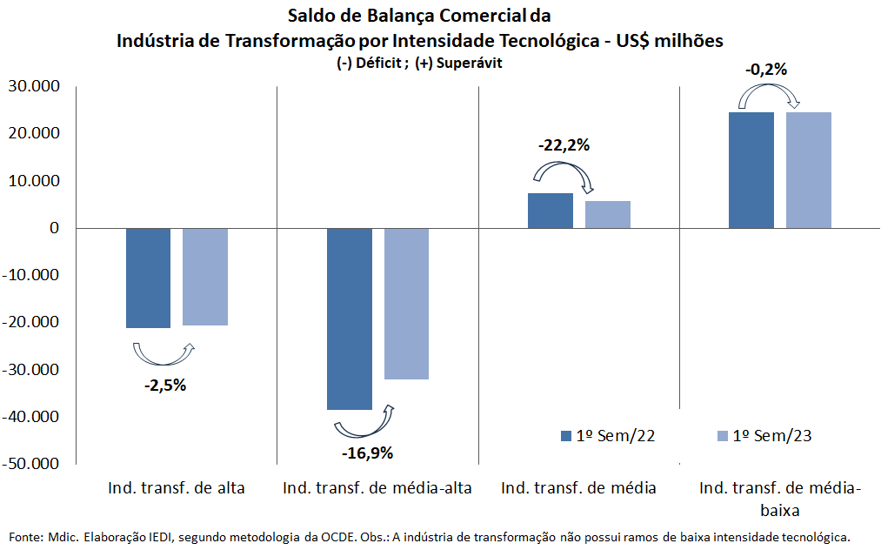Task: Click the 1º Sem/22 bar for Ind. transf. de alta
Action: tap(148, 278)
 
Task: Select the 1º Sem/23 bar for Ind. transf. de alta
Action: tap(205, 277)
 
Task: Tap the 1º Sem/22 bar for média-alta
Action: tap(350, 319)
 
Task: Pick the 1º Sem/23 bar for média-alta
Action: tap(406, 304)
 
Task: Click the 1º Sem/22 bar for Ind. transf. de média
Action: tap(551, 211)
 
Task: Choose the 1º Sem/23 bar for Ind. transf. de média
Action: tap(608, 214)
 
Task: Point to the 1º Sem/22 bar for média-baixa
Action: tap(751, 170)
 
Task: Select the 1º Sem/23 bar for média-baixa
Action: tap(809, 170)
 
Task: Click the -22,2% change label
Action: tap(564, 145)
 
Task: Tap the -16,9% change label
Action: tap(367, 453)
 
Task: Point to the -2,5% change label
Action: tap(165, 386)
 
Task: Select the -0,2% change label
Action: tap(766, 70)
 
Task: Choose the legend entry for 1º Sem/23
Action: tap(763, 436)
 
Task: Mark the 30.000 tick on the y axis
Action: tap(32, 86)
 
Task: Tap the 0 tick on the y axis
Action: tap(53, 228)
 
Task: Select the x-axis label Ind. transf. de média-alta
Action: tap(377, 487)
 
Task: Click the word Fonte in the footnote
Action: tap(25, 537)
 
